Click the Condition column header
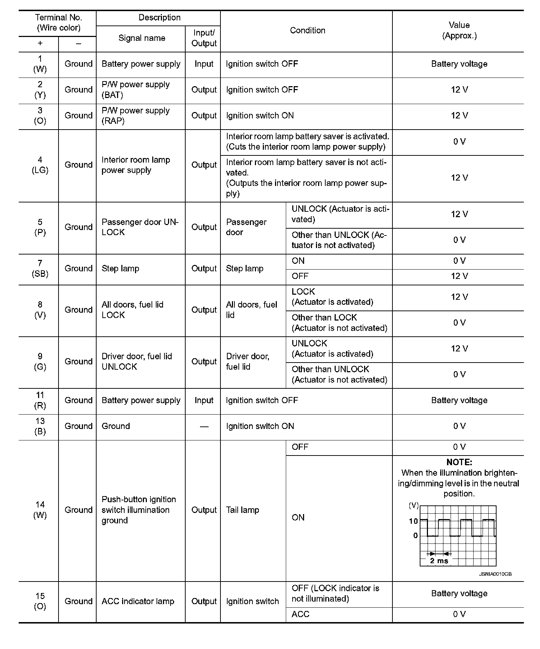(307, 31)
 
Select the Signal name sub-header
(142, 38)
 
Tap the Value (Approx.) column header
(459, 31)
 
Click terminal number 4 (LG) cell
(40, 165)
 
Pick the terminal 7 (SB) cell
(40, 269)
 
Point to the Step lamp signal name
(120, 269)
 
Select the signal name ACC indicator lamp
(138, 601)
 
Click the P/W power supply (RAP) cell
(135, 116)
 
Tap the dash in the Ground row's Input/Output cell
(204, 426)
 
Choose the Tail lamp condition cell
(243, 510)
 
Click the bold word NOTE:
(459, 462)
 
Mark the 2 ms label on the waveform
(439, 561)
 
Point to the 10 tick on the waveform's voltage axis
(413, 521)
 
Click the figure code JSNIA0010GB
(495, 574)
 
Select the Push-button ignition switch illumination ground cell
(139, 510)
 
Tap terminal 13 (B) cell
(40, 426)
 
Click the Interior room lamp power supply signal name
(136, 165)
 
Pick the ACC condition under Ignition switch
(301, 614)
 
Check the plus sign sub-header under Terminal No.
(40, 43)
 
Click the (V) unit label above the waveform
(414, 505)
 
